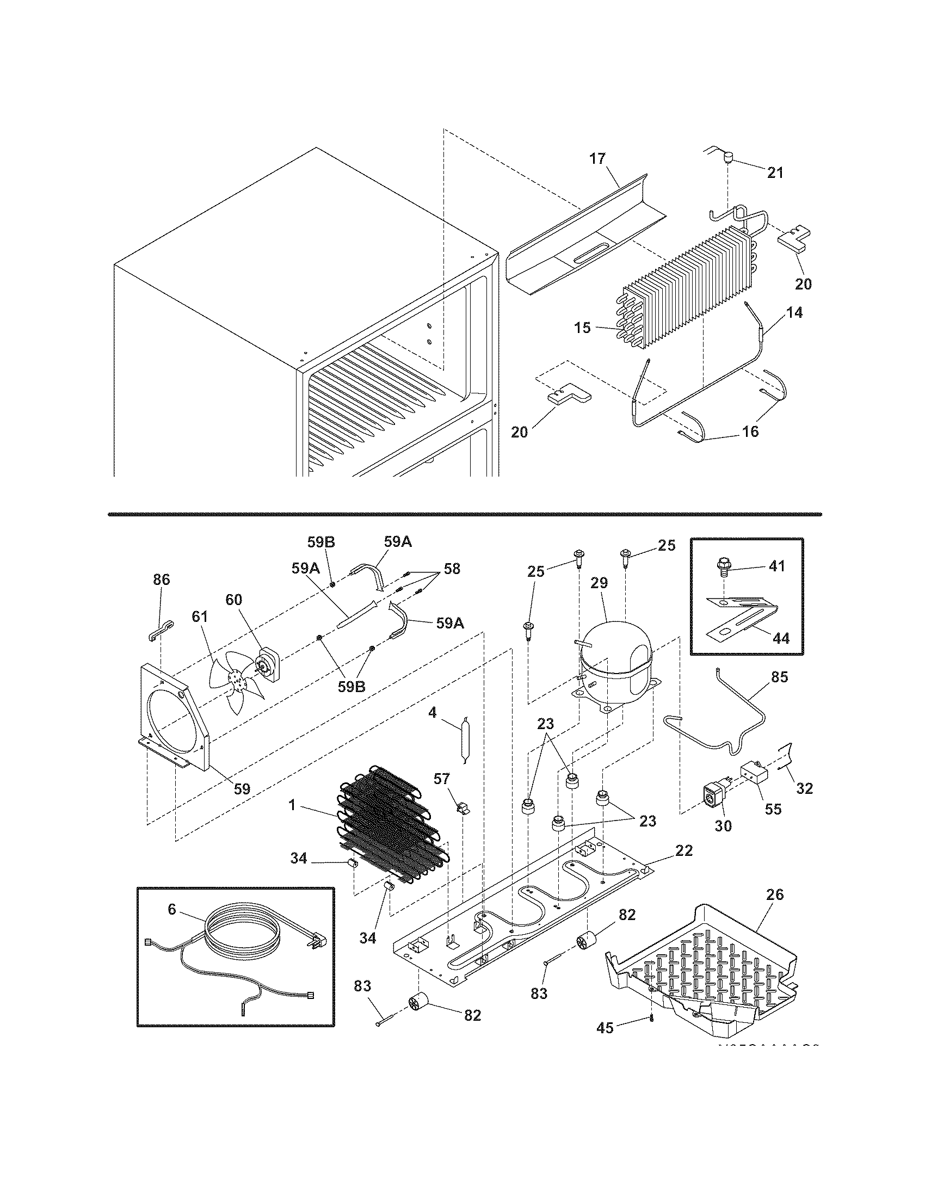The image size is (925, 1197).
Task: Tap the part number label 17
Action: click(597, 159)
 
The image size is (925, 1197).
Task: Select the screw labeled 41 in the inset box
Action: click(724, 567)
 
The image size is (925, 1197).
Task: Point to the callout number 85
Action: click(779, 677)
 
